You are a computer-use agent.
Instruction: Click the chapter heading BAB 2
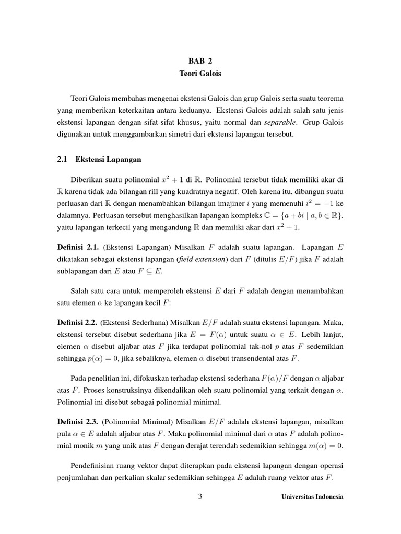[200, 60]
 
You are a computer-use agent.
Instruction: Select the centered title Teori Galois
[200, 74]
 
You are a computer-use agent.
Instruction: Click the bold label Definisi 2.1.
[78, 246]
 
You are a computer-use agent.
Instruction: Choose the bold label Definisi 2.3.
[78, 421]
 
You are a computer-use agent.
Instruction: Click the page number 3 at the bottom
[200, 496]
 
